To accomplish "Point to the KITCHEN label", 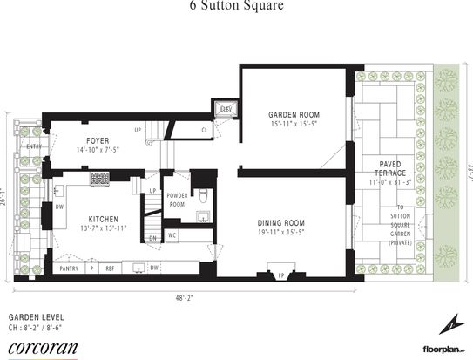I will (109, 219).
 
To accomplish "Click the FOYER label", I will (97, 139).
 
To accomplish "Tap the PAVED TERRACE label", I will (390, 168).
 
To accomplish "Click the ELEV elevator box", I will (226, 109).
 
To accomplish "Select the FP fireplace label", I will (280, 275).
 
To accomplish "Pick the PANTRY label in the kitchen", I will (68, 268).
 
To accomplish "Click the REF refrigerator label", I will (111, 268).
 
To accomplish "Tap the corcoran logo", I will (42, 347).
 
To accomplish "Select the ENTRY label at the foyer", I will (34, 146).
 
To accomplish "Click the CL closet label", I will (204, 131).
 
